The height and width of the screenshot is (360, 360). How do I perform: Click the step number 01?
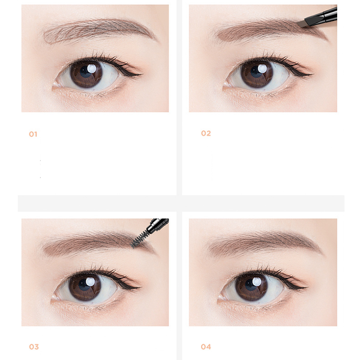(33, 134)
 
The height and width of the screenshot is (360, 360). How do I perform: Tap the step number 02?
(206, 133)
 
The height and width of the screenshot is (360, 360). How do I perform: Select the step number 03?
(34, 347)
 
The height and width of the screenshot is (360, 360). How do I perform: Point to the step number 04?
(206, 347)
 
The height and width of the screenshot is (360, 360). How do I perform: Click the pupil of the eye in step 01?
(86, 73)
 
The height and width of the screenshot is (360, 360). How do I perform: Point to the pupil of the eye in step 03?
(85, 285)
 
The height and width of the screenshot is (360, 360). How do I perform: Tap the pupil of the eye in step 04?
(251, 285)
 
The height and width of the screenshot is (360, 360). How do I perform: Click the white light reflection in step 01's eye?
(91, 68)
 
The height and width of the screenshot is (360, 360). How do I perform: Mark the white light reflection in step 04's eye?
(256, 282)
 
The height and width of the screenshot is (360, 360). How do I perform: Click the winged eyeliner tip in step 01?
(142, 74)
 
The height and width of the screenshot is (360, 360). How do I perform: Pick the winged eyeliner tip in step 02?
(312, 74)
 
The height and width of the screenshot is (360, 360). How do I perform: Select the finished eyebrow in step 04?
(264, 244)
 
